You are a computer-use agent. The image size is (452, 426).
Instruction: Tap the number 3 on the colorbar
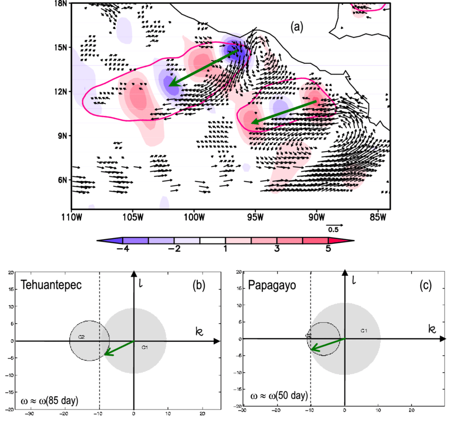[x=277, y=248]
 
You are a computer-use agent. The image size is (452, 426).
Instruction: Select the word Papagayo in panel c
[x=269, y=284]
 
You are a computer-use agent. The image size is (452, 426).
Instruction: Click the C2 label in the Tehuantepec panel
[x=81, y=337]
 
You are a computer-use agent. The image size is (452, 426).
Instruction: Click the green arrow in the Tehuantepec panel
[x=119, y=348]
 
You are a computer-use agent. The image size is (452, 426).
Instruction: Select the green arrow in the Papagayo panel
[x=328, y=345]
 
